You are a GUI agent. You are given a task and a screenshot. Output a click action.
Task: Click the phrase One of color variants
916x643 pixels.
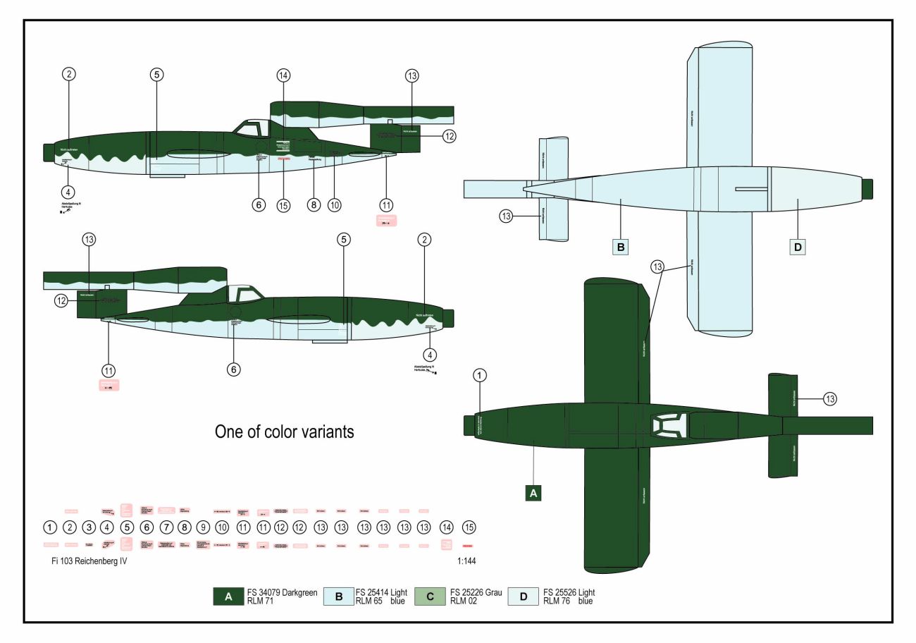click(284, 432)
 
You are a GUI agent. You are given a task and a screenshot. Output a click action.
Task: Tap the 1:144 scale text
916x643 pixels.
click(471, 562)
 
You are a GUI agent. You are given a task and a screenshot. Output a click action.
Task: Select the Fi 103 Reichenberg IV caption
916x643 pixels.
click(85, 562)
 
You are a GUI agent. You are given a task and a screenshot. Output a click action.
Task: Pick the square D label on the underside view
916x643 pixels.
click(798, 247)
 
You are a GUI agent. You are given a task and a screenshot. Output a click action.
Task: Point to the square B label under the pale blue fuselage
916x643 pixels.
click(621, 247)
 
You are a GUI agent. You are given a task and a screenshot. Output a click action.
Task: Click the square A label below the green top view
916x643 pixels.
click(533, 493)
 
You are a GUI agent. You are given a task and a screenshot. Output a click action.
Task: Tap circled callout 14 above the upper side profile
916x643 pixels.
click(283, 75)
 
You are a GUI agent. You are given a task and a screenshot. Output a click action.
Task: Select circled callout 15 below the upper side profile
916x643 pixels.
click(283, 205)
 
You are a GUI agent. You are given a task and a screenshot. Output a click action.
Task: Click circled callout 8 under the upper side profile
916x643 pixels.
click(314, 205)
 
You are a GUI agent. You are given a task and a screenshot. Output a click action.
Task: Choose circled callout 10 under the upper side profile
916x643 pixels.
click(334, 205)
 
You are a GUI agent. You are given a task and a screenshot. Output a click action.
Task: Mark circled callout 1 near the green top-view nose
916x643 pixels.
click(480, 375)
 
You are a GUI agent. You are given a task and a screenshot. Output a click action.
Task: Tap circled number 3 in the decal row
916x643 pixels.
click(89, 527)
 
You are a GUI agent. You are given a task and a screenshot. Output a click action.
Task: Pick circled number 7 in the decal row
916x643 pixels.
click(166, 527)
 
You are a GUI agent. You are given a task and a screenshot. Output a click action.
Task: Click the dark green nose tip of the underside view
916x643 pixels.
click(867, 189)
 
